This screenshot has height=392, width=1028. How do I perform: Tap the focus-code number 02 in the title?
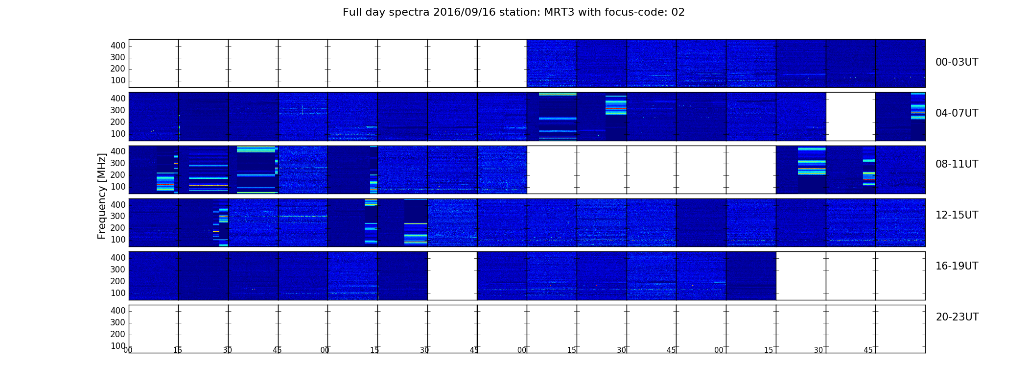pyautogui.click(x=678, y=12)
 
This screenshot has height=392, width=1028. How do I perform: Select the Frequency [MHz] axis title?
pyautogui.click(x=102, y=196)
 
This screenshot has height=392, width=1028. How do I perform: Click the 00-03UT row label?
pyautogui.click(x=957, y=62)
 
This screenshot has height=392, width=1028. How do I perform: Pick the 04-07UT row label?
pyautogui.click(x=957, y=113)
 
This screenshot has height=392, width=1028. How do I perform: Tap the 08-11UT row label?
pyautogui.click(x=957, y=164)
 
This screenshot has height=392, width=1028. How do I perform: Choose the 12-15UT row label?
pyautogui.click(x=957, y=215)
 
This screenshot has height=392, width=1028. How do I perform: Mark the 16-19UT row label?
pyautogui.click(x=957, y=266)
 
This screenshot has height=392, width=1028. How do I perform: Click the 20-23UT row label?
pyautogui.click(x=957, y=317)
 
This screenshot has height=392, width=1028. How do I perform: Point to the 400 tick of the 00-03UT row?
pyautogui.click(x=118, y=46)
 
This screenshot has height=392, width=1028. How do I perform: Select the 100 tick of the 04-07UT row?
pyautogui.click(x=118, y=134)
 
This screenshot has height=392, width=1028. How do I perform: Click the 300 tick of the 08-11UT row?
pyautogui.click(x=118, y=163)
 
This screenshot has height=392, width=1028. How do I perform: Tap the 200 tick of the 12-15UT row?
pyautogui.click(x=118, y=228)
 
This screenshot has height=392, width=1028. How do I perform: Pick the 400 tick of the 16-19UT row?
pyautogui.click(x=118, y=258)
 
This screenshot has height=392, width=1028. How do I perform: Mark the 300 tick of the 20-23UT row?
pyautogui.click(x=118, y=322)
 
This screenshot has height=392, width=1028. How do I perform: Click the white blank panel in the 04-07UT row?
pyautogui.click(x=851, y=117)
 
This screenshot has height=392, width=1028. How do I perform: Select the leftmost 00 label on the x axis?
pyautogui.click(x=128, y=350)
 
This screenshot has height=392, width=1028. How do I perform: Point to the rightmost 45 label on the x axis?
pyautogui.click(x=868, y=350)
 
